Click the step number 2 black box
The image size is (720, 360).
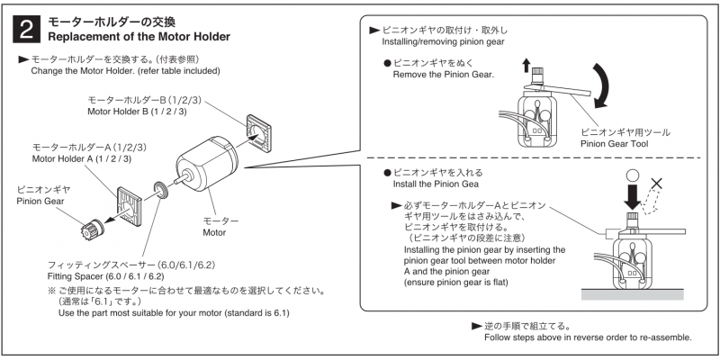(x=28, y=30)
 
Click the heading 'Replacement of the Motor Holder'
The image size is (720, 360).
(x=139, y=36)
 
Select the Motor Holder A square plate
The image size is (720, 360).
(x=135, y=207)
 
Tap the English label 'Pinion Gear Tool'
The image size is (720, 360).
(x=615, y=144)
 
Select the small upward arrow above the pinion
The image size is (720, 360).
(x=526, y=66)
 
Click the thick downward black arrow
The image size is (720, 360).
(x=632, y=196)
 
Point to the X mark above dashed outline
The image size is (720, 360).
(x=657, y=184)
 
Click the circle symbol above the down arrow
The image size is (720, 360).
(x=633, y=175)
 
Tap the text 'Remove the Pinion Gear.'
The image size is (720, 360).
(x=443, y=74)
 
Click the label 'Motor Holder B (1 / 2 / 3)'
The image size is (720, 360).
(x=137, y=111)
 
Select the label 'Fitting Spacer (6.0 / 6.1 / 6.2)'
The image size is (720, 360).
(x=105, y=276)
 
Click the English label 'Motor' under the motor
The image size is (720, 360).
(x=214, y=232)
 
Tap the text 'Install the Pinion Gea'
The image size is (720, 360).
(x=436, y=184)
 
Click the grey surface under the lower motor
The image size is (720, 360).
(x=633, y=294)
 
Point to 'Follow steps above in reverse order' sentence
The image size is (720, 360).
(x=588, y=337)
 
